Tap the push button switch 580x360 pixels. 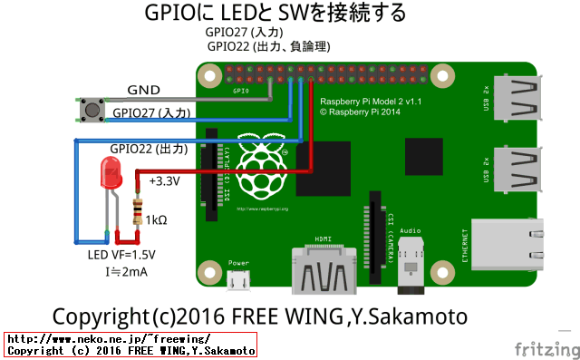pyautogui.click(x=91, y=112)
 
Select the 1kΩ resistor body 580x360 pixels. pyautogui.click(x=138, y=213)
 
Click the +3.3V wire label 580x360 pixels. pyautogui.click(x=164, y=181)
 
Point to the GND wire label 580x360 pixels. pyautogui.click(x=144, y=91)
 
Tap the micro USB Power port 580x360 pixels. pyautogui.click(x=238, y=281)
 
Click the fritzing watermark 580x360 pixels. pyautogui.click(x=543, y=349)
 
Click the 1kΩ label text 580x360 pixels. pyautogui.click(x=156, y=219)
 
